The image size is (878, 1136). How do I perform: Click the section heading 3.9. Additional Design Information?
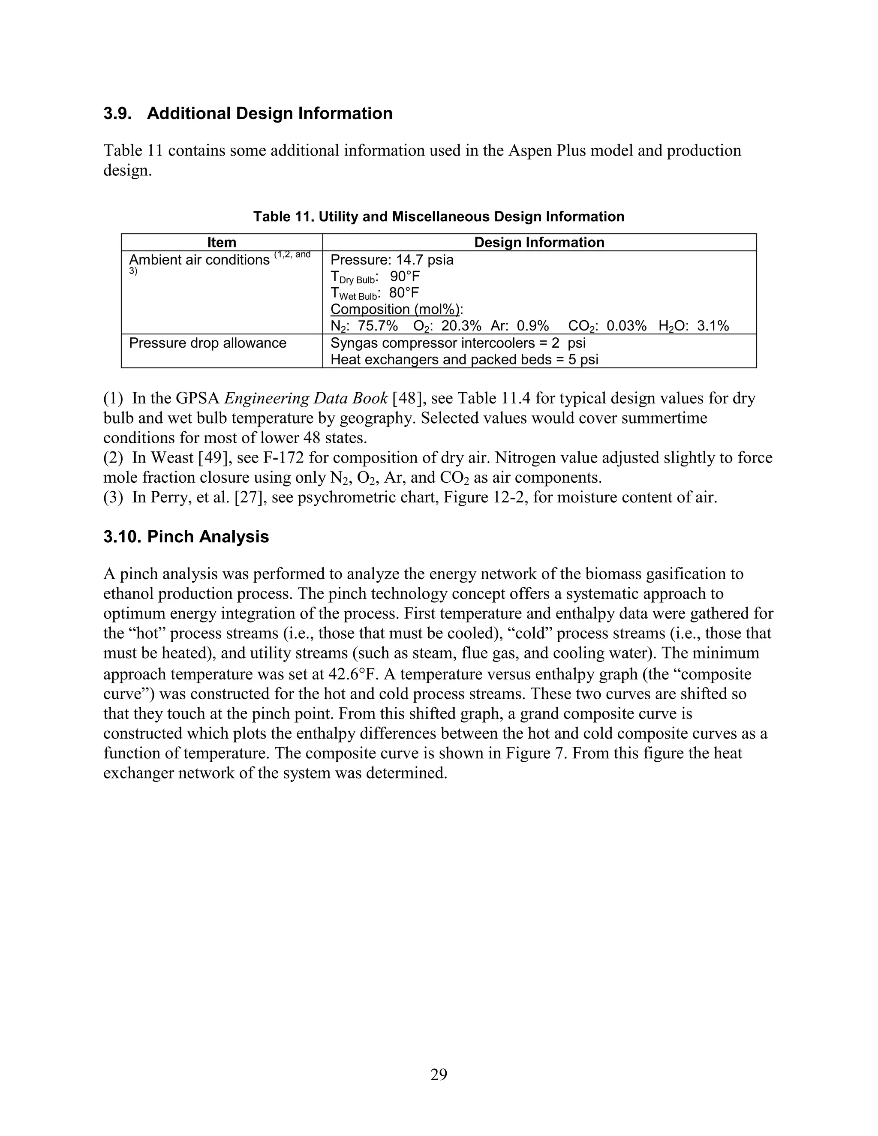tap(248, 114)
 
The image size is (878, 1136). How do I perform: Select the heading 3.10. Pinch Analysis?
tap(186, 536)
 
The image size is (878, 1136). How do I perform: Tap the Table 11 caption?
tap(439, 216)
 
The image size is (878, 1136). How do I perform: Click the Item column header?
tap(222, 242)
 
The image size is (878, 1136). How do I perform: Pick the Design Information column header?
tap(539, 242)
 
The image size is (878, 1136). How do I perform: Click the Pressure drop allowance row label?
tap(207, 343)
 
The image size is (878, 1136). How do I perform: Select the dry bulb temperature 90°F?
tap(405, 276)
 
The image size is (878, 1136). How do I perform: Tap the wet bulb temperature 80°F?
tap(403, 293)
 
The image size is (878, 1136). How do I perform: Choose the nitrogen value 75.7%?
tap(378, 326)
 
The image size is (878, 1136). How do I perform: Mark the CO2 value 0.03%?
tap(626, 326)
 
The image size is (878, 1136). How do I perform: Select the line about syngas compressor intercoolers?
tap(458, 343)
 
